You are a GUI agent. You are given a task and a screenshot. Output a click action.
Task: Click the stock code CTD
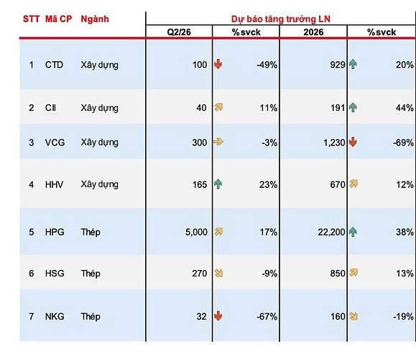coord(54,65)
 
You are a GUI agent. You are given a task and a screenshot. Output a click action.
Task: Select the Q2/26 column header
coord(179,32)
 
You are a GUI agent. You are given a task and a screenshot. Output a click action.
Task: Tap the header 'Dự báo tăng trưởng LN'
coord(281,19)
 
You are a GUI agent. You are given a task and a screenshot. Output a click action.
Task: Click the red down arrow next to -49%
coord(218,64)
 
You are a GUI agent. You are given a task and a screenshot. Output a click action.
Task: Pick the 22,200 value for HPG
coord(331,232)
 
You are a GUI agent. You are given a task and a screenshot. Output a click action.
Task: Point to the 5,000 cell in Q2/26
coord(196,232)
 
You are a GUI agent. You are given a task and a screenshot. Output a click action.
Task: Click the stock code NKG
coord(55,316)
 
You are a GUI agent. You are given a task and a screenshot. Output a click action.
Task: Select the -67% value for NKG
coord(267,316)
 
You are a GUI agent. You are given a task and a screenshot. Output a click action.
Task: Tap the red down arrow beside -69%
coord(353,142)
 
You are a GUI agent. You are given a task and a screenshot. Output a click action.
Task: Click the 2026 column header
coord(313,32)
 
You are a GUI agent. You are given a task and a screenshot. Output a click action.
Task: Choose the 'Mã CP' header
coord(58,19)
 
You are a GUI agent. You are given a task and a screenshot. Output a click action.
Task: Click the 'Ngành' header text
coord(95,19)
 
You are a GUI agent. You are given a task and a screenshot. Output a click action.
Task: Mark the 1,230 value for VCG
coord(334,143)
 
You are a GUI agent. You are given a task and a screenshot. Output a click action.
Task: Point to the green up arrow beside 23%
coord(218,184)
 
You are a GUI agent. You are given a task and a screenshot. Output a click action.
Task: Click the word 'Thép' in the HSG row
coord(91,274)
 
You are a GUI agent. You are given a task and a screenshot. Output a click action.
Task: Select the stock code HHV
coord(54,184)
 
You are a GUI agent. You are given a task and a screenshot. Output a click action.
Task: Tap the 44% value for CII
coord(405,108)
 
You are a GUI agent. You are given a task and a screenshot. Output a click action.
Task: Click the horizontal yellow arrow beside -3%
coord(218,142)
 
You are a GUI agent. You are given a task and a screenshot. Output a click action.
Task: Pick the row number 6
coord(32,274)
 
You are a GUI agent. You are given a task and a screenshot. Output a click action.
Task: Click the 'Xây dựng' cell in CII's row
coord(99,108)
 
